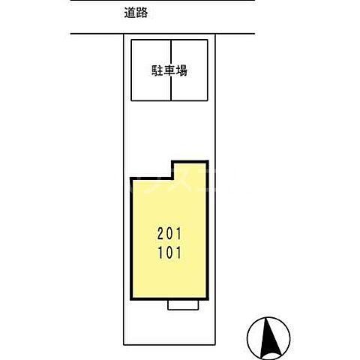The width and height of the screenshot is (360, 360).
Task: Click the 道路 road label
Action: pyautogui.click(x=134, y=13)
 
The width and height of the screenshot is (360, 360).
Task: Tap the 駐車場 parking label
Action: pyautogui.click(x=171, y=70)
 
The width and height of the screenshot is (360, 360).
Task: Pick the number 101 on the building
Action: pyautogui.click(x=169, y=253)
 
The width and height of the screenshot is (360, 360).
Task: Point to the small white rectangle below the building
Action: pyautogui.click(x=183, y=305)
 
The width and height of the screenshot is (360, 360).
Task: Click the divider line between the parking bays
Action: pyautogui.click(x=171, y=90)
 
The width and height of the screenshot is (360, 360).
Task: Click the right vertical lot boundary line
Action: pyautogui.click(x=217, y=187)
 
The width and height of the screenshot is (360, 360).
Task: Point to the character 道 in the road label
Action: pyautogui.click(x=128, y=13)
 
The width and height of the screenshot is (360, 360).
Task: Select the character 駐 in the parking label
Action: pyautogui.click(x=159, y=70)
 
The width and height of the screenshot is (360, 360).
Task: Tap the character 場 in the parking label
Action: pyautogui.click(x=182, y=70)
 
